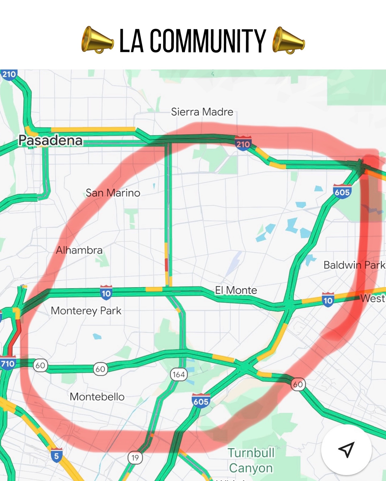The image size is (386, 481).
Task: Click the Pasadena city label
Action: [50, 140]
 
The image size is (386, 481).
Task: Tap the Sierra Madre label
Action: [202, 112]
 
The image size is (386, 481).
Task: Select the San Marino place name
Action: [113, 193]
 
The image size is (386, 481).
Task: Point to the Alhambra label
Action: [79, 250]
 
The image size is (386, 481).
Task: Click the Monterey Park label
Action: [86, 311]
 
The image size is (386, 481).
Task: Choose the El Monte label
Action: [236, 290]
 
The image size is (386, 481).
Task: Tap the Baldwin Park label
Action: [354, 265]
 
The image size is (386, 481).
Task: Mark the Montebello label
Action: [97, 397]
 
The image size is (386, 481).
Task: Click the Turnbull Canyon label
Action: [251, 460]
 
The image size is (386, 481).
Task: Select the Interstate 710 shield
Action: [8, 363]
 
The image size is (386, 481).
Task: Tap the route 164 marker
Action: [179, 374]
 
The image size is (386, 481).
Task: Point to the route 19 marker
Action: [135, 458]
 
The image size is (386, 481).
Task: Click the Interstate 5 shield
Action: [56, 455]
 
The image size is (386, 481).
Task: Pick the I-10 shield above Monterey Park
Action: [106, 293]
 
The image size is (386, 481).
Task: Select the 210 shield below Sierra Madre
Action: [243, 144]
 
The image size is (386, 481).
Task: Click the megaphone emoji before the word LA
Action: [97, 40]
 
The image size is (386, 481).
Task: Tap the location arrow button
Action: [346, 450]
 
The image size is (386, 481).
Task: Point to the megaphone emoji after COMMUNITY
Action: [288, 40]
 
